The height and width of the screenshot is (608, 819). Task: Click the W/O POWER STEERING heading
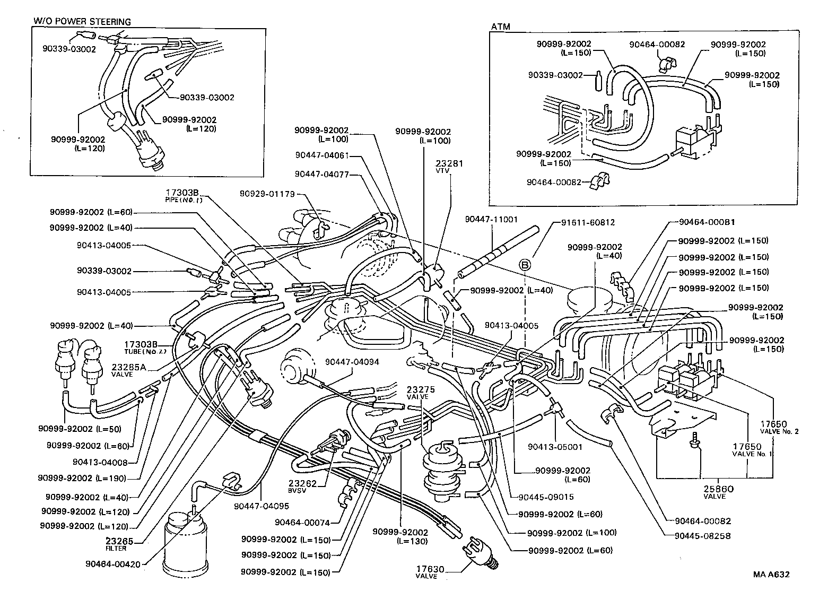(82, 22)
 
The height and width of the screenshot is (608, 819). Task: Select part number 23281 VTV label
(449, 167)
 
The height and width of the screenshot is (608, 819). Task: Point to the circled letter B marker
(525, 264)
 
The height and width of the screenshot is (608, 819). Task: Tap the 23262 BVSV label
(303, 487)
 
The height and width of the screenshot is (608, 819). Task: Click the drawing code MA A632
(771, 575)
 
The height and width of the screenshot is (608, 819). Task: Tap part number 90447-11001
(491, 219)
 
